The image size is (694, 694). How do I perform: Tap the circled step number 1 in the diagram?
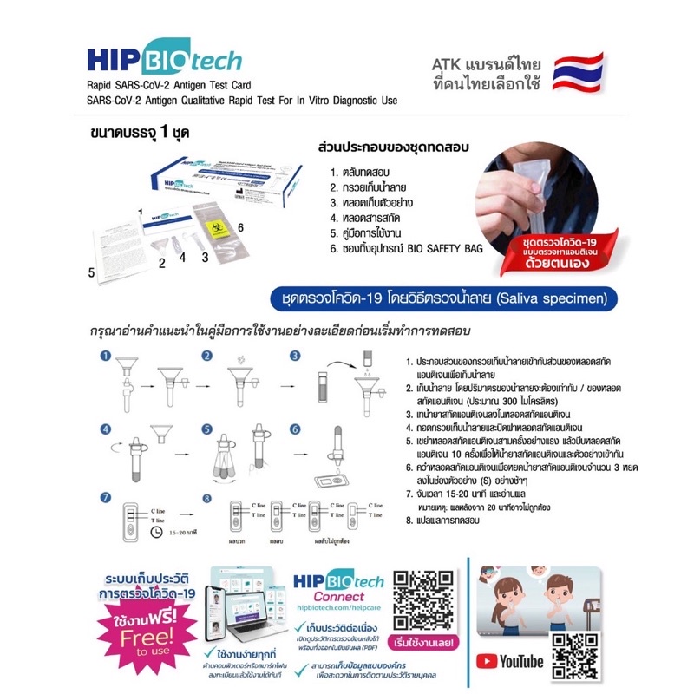pos(104,356)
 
